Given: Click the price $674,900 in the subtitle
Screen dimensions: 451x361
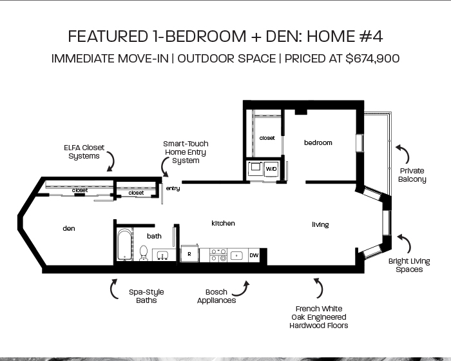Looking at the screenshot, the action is pyautogui.click(x=372, y=59).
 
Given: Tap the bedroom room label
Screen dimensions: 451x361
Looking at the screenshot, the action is pyautogui.click(x=318, y=142).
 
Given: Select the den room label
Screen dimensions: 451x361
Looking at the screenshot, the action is pyautogui.click(x=69, y=229).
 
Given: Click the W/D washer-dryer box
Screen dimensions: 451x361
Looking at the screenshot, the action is pyautogui.click(x=271, y=169).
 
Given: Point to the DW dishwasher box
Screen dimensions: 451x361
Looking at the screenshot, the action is pyautogui.click(x=254, y=255).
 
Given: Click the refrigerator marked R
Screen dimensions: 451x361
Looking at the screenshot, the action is pyautogui.click(x=189, y=254).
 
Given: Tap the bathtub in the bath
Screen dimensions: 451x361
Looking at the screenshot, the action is pyautogui.click(x=124, y=244).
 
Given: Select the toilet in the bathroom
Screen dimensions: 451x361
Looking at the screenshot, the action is pyautogui.click(x=144, y=253).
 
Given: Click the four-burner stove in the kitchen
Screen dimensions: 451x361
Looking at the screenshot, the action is pyautogui.click(x=218, y=255).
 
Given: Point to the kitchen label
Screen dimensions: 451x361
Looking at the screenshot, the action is pyautogui.click(x=223, y=224).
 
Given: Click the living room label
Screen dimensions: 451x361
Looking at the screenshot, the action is pyautogui.click(x=320, y=225).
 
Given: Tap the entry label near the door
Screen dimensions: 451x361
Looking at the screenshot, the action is pyautogui.click(x=173, y=189).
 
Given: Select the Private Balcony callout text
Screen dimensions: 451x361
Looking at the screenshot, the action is pyautogui.click(x=412, y=175).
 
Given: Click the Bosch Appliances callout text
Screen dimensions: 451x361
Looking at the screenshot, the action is pyautogui.click(x=216, y=297).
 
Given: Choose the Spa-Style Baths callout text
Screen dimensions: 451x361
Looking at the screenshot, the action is pyautogui.click(x=146, y=297).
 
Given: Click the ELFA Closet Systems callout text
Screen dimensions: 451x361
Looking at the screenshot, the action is pyautogui.click(x=84, y=152).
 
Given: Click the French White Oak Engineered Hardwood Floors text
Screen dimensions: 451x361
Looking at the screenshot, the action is pyautogui.click(x=319, y=317).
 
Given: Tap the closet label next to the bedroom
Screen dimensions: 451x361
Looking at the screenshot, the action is pyautogui.click(x=267, y=138).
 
